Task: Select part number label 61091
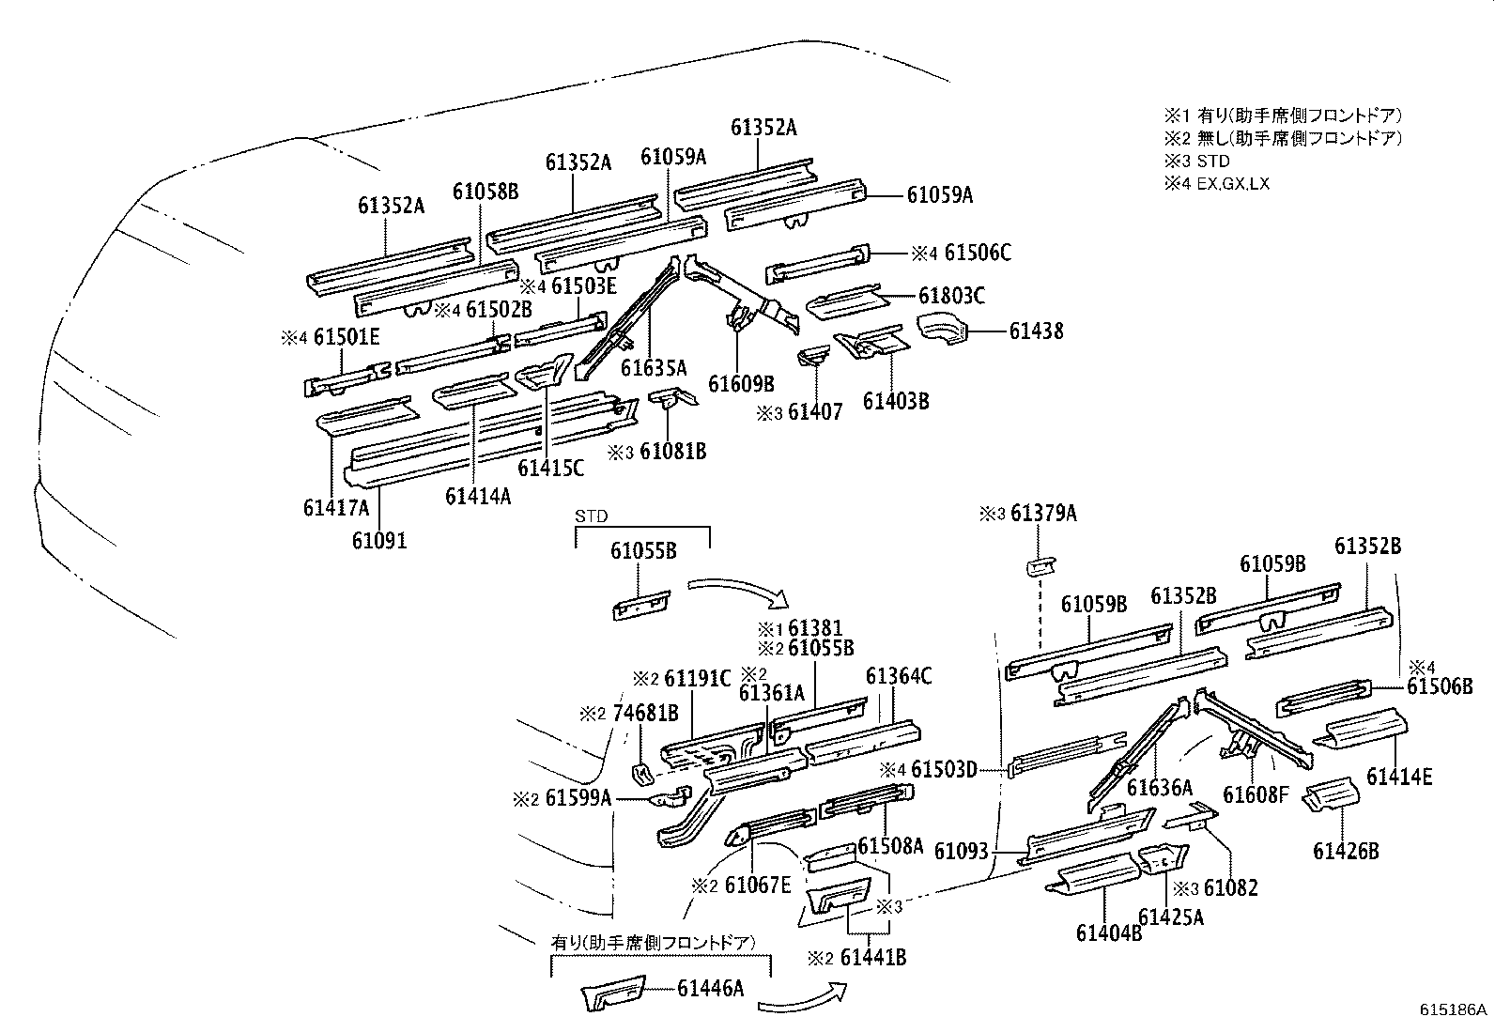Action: click(379, 541)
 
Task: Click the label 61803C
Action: click(951, 297)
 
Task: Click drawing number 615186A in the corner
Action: click(1453, 1010)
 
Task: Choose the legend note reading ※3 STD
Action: click(1196, 161)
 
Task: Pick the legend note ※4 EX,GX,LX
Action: click(1216, 183)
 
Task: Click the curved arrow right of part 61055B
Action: click(738, 593)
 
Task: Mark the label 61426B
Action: click(1346, 851)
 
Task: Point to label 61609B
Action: click(741, 383)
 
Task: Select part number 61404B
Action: click(1109, 932)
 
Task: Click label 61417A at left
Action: click(336, 508)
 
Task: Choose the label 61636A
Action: click(1160, 787)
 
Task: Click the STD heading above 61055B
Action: click(592, 516)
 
